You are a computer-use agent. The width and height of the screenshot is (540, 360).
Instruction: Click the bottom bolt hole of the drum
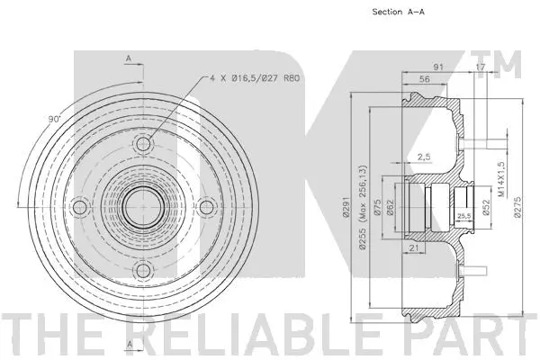[x=144, y=271]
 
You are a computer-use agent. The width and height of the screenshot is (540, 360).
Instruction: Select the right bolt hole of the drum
[x=207, y=208]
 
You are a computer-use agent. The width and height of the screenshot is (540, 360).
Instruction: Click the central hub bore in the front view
[x=144, y=208]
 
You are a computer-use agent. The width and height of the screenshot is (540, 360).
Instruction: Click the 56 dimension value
[x=423, y=80]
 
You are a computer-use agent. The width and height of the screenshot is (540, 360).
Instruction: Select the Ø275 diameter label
[x=517, y=207]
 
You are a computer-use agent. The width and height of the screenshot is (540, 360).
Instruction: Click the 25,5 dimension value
[x=464, y=216]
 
